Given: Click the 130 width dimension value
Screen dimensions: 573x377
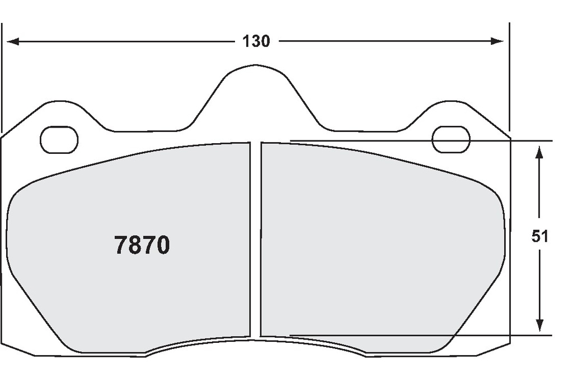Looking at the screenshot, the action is coord(256,41).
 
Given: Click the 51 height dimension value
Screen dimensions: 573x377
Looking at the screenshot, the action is coord(540,237).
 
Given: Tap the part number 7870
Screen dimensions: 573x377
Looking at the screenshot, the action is coord(142,245).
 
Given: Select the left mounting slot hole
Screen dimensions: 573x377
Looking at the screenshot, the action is coord(59,140).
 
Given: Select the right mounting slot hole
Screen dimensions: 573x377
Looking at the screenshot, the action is coord(451,139).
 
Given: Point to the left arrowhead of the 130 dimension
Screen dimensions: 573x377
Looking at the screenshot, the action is coord(13,41).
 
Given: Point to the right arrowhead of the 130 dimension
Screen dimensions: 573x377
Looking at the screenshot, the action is coord(497,41).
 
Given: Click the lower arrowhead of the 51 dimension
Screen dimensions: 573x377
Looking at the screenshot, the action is coord(539,325).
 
